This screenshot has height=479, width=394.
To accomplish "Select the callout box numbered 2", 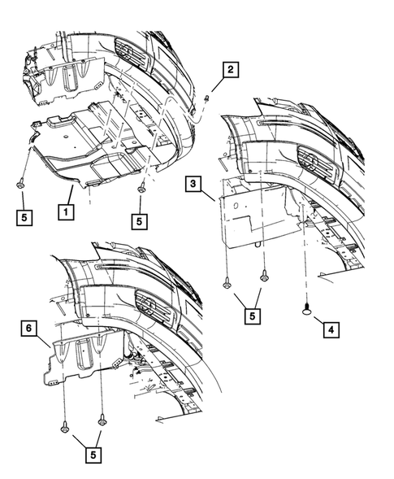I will (x=232, y=71).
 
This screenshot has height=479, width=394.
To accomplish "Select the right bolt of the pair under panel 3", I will (x=264, y=278).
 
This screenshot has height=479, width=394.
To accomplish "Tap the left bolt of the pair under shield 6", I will (x=63, y=425).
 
